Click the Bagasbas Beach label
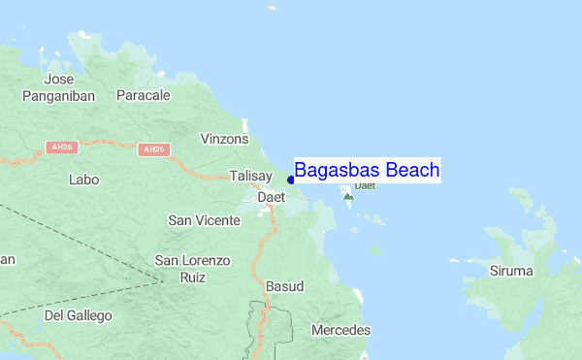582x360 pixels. tap(367, 171)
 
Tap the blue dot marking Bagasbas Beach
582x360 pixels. tap(291, 180)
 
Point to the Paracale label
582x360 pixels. tap(144, 95)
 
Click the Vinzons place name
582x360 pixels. tap(224, 139)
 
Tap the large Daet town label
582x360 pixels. tap(271, 197)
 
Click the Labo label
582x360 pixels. tap(84, 180)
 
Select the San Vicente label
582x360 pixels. tap(205, 220)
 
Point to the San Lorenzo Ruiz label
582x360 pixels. tap(194, 269)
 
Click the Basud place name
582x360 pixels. tap(284, 286)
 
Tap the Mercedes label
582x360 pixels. tap(340, 330)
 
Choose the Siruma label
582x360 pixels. tap(511, 271)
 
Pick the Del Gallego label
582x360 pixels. tap(79, 315)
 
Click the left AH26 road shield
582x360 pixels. tap(60, 147)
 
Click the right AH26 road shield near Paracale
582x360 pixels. tap(153, 149)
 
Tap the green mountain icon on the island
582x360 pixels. tap(348, 196)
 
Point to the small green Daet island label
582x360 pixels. tap(365, 184)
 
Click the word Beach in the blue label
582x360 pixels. tap(412, 171)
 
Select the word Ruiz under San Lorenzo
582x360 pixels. tap(194, 278)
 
